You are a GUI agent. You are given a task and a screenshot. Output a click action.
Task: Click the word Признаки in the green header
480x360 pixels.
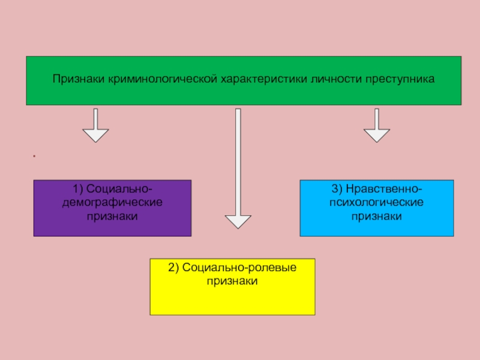pyautogui.click(x=79, y=79)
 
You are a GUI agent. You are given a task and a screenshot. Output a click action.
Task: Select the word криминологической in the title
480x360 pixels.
pyautogui.click(x=163, y=79)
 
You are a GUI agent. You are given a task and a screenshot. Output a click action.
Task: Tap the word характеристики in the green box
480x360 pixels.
pyautogui.click(x=264, y=79)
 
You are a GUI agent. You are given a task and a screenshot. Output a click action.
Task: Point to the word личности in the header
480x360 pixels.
pyautogui.click(x=336, y=79)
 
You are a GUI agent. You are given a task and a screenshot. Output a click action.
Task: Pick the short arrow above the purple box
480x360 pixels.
pyautogui.click(x=95, y=125)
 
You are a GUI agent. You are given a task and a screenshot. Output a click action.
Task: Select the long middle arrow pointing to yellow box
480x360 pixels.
pyautogui.click(x=238, y=169)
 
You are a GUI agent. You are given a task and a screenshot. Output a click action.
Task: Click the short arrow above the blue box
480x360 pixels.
pyautogui.click(x=377, y=125)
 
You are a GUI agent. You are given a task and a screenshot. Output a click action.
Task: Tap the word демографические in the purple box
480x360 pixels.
pyautogui.click(x=112, y=203)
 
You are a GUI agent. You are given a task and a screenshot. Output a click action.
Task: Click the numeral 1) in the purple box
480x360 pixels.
pyautogui.click(x=78, y=189)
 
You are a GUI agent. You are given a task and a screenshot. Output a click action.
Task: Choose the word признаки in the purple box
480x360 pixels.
pyautogui.click(x=112, y=217)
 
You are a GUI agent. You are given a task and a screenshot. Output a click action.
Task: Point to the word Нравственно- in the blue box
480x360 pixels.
pyautogui.click(x=384, y=189)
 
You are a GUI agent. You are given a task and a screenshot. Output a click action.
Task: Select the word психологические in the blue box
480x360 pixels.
pyautogui.click(x=377, y=203)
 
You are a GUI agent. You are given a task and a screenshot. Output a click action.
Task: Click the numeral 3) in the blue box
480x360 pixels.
pyautogui.click(x=337, y=189)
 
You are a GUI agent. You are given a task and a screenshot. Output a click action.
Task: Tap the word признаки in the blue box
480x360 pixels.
pyautogui.click(x=377, y=217)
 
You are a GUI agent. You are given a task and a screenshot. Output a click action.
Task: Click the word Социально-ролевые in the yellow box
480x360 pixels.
pyautogui.click(x=239, y=268)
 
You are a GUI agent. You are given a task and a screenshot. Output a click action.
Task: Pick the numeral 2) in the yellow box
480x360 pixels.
pyautogui.click(x=173, y=268)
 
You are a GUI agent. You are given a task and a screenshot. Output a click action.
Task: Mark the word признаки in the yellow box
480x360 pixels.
pyautogui.click(x=232, y=281)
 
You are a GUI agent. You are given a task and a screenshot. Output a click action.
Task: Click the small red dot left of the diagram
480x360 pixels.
pyautogui.click(x=34, y=156)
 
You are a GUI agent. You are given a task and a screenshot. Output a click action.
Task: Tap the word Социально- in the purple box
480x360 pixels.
pyautogui.click(x=119, y=189)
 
